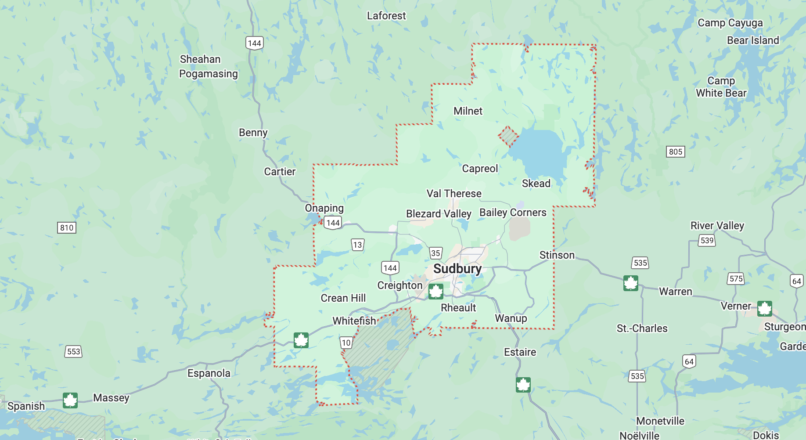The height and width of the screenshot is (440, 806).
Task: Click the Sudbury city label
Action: [457, 269]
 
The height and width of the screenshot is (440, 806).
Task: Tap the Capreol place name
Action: [480, 169]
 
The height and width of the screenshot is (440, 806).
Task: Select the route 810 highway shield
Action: [67, 227]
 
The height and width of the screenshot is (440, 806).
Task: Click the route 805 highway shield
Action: [675, 152]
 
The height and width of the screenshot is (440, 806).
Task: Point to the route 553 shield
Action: [74, 351]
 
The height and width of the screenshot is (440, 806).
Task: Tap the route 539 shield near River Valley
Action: [707, 240]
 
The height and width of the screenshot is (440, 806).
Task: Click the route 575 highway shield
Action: [736, 278]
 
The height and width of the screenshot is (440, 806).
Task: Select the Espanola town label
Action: [209, 373]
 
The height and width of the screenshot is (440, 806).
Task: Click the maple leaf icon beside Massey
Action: [70, 400]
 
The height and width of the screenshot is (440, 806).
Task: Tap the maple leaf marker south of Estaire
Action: [523, 385]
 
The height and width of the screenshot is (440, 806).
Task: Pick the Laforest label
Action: [386, 16]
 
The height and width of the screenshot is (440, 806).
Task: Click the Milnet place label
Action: [468, 111]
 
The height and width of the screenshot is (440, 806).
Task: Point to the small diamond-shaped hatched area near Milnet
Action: [508, 136]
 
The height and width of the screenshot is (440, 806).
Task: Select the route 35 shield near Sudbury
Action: [435, 253]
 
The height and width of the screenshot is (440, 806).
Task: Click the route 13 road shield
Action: [357, 245]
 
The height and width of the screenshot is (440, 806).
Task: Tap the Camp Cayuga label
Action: [730, 23]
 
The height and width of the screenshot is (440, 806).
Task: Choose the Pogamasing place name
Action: [209, 74]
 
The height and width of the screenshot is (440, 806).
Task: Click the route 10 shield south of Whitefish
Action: [346, 343]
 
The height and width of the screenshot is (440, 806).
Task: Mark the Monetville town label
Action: [660, 421]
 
